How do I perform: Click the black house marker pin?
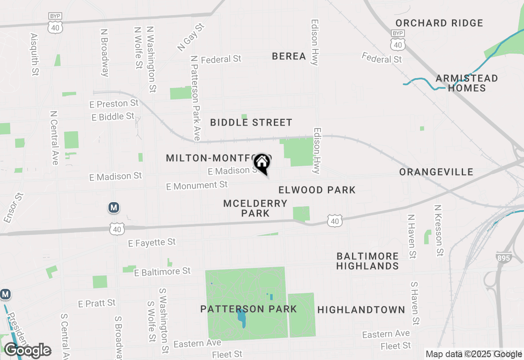262,164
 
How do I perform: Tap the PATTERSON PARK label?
248,309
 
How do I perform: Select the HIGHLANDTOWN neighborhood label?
361,310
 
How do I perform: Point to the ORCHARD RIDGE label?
439,23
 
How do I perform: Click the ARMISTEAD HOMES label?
467,83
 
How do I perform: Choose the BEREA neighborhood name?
289,56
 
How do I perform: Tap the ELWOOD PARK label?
317,190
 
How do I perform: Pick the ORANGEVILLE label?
436,172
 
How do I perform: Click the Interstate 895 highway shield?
503,258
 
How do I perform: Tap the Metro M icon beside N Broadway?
114,208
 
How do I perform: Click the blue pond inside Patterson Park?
242,318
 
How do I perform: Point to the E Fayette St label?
152,243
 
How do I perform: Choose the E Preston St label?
114,103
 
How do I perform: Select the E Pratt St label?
97,304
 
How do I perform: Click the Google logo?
27,350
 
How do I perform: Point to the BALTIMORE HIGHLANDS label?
367,261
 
